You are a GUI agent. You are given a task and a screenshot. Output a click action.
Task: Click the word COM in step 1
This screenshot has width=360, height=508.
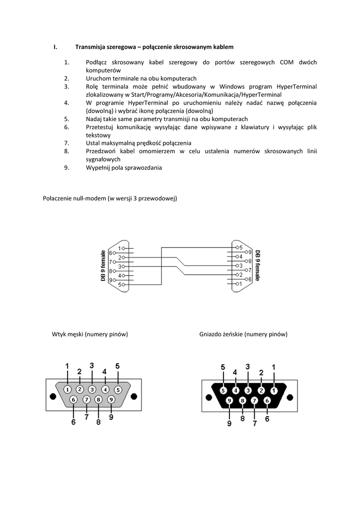[x=287, y=62]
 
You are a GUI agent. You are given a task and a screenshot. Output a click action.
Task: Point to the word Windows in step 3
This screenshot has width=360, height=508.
[x=229, y=86]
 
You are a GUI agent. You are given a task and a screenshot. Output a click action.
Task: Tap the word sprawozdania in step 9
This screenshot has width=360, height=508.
[x=144, y=168]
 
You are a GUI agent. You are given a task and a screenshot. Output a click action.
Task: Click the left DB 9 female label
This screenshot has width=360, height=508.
[x=103, y=266]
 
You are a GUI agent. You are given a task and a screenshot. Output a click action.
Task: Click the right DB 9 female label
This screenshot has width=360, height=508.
[x=258, y=265]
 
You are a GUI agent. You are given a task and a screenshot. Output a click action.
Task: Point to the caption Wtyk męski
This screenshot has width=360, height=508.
[x=68, y=334]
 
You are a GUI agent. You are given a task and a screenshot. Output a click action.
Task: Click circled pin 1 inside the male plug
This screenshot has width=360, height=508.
[x=67, y=389]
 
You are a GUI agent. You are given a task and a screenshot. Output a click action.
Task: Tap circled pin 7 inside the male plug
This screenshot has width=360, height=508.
[x=86, y=399]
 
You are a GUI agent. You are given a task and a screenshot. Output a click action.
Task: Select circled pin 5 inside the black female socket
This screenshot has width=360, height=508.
[x=223, y=390]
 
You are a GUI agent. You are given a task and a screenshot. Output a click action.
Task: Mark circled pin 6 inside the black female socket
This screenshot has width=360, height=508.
[x=267, y=400]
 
